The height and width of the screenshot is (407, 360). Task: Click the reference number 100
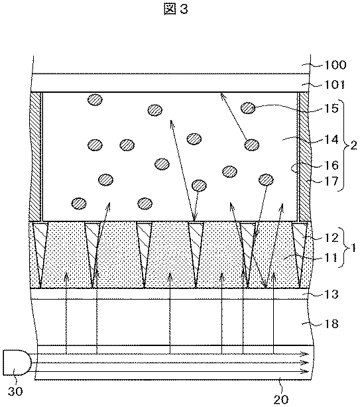(x=335, y=65)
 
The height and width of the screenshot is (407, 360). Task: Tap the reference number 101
(x=335, y=85)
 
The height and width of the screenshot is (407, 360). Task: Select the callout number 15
(x=332, y=108)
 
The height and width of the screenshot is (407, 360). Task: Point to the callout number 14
(x=332, y=140)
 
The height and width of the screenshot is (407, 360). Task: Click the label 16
(x=332, y=165)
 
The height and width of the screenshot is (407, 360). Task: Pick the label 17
(x=332, y=181)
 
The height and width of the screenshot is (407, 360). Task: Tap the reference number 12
(x=332, y=237)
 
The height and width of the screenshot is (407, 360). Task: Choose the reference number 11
(x=332, y=258)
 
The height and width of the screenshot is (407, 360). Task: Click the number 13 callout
(x=332, y=294)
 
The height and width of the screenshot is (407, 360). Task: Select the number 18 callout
(x=332, y=323)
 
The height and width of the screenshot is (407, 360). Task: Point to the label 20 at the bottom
(x=281, y=400)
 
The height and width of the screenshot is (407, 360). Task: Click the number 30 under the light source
(x=15, y=391)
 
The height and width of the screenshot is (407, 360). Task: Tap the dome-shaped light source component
(x=17, y=363)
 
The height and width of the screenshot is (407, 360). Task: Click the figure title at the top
(x=176, y=9)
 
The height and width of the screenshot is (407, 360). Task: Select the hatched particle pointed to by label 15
(x=248, y=108)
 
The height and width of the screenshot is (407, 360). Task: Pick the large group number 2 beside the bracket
(x=353, y=145)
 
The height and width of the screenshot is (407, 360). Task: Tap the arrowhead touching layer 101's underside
(x=223, y=95)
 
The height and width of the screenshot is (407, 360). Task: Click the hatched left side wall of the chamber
(x=36, y=156)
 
